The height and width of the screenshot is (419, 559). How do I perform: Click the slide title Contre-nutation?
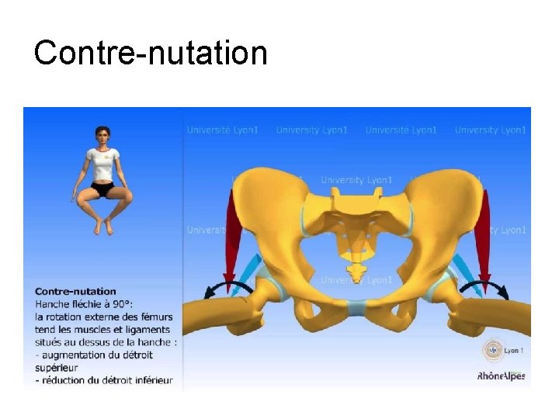pos(151,54)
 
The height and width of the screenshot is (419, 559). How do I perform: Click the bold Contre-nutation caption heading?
pos(75,292)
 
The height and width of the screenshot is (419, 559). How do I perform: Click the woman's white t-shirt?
pos(102,164)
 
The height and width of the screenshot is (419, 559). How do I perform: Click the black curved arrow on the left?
pos(225,288)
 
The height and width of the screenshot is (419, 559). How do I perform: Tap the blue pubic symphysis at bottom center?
pos(358,307)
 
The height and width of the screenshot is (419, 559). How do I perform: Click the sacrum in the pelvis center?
pos(358,233)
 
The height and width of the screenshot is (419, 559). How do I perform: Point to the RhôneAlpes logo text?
pos(501,376)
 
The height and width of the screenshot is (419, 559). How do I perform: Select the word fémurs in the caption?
pos(155,317)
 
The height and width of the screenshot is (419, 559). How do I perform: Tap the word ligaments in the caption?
pos(153,329)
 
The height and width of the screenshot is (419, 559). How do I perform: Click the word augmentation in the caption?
pos(71,355)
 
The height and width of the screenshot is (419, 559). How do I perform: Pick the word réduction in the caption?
pos(64,380)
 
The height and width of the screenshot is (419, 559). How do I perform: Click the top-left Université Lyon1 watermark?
pos(222,130)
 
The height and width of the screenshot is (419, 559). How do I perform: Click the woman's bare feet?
pos(102,227)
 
